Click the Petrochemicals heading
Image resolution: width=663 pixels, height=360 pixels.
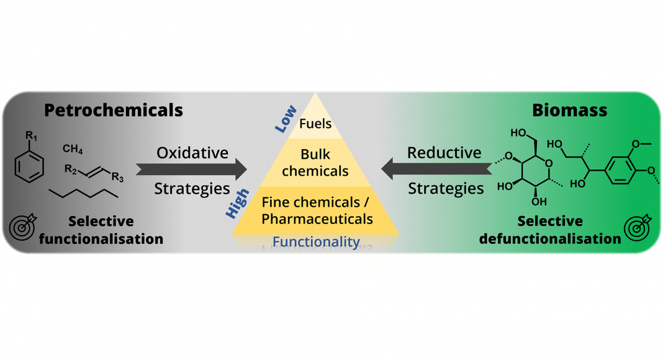click(114, 110)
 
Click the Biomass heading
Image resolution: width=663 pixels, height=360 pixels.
click(569, 110)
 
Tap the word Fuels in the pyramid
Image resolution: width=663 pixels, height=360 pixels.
click(315, 124)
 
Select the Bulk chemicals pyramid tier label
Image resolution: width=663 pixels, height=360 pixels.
click(315, 162)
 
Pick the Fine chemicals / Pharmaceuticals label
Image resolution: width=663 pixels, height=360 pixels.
click(317, 210)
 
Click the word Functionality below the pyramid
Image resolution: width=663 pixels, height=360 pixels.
click(317, 241)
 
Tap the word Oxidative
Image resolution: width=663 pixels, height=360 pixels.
click(192, 152)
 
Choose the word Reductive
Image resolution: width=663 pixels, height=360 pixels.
click(444, 152)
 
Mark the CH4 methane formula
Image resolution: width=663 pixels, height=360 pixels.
click(73, 150)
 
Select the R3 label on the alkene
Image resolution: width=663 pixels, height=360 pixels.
click(117, 179)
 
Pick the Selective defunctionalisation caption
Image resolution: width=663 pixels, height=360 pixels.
click(550, 230)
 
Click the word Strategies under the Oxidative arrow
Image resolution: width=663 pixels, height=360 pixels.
click(192, 188)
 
